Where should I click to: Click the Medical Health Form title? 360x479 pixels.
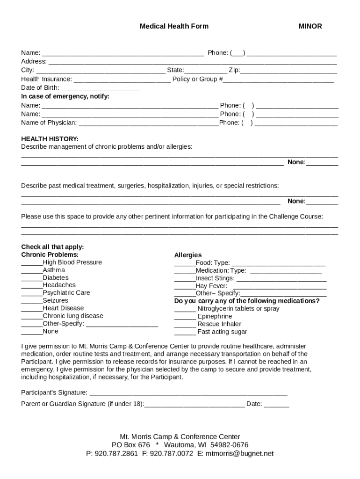(174, 26)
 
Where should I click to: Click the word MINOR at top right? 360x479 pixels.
(310, 26)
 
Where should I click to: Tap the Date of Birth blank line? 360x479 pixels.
(101, 88)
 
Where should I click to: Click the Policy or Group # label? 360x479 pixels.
(197, 79)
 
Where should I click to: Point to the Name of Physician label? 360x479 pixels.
(49, 123)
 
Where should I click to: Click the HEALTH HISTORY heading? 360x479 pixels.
(50, 139)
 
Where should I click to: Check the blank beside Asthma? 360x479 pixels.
(32, 271)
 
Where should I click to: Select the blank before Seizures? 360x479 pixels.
(32, 301)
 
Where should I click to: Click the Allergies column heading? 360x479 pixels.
(188, 255)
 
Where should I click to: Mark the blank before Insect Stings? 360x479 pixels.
(185, 279)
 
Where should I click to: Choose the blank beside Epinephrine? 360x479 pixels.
(185, 317)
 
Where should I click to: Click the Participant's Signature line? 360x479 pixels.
(188, 393)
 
